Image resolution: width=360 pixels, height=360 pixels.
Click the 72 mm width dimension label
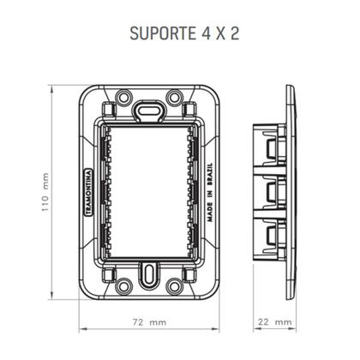(x=149, y=322)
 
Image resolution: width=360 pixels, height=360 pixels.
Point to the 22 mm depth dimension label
(x=274, y=322)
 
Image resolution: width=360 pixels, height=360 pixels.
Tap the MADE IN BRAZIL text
(x=209, y=193)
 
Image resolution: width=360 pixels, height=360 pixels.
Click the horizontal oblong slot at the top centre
(x=149, y=109)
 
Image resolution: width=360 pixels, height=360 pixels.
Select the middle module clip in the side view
(x=273, y=192)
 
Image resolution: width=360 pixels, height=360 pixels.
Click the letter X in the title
(x=219, y=36)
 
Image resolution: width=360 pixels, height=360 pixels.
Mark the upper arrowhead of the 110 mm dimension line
(x=52, y=88)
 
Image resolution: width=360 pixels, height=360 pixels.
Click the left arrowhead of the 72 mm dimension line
(x=82, y=332)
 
